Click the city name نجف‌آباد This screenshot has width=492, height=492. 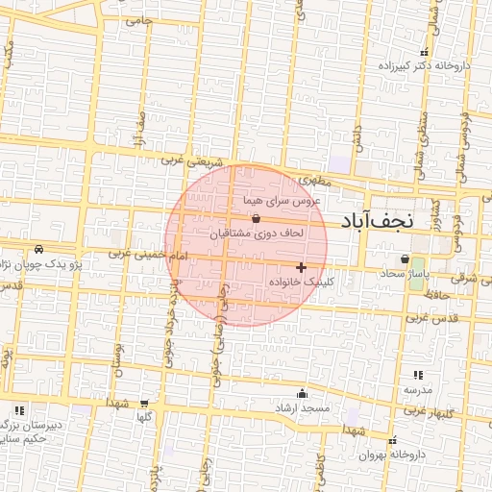(376, 220)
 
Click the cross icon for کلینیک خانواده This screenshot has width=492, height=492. (301, 266)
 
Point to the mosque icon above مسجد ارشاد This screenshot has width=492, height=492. (303, 392)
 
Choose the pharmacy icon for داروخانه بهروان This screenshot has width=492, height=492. (393, 440)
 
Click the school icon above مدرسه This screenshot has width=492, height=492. (417, 375)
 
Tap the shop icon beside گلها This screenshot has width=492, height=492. (144, 404)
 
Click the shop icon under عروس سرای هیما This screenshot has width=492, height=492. (254, 217)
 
